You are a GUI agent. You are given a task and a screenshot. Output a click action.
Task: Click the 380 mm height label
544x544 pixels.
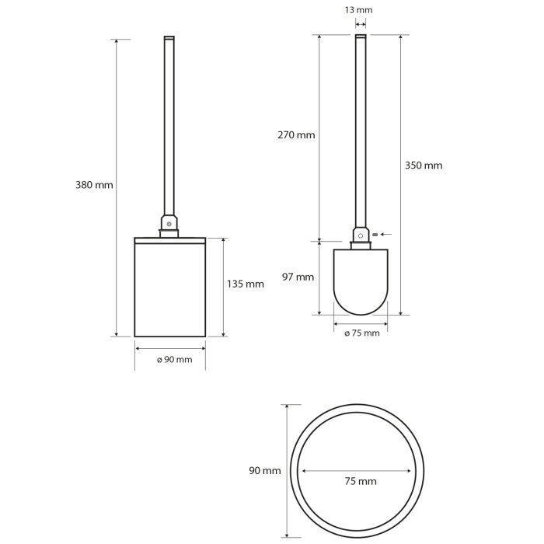pyautogui.click(x=94, y=185)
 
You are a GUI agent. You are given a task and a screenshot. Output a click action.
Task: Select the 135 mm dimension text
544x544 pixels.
pyautogui.click(x=246, y=284)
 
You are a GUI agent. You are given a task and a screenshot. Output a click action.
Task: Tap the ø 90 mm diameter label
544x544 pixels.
pyautogui.click(x=175, y=359)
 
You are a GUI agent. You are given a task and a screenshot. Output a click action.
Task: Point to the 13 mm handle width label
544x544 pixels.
pyautogui.click(x=359, y=10)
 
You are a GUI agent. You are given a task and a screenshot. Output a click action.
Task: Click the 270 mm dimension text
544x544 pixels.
pyautogui.click(x=296, y=135)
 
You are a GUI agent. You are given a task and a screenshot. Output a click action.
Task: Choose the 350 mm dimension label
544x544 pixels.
pyautogui.click(x=424, y=166)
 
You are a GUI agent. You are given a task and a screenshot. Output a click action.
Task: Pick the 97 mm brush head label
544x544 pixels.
pyautogui.click(x=298, y=277)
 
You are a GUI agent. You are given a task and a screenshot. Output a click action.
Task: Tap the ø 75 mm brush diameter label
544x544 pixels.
pyautogui.click(x=362, y=333)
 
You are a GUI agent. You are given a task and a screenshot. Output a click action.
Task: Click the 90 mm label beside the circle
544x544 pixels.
pyautogui.click(x=265, y=471)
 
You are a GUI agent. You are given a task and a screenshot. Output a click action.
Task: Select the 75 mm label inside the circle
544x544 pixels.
pyautogui.click(x=361, y=481)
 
